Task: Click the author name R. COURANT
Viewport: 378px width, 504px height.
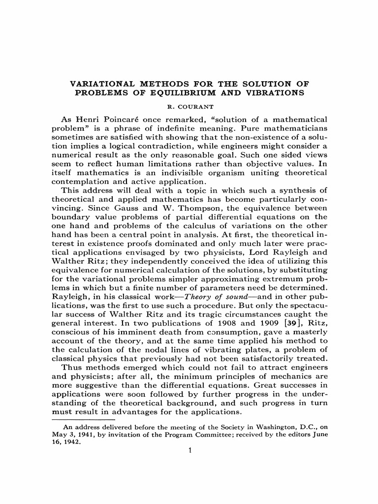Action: coord(189,105)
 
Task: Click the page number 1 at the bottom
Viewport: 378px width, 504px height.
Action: coord(189,450)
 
